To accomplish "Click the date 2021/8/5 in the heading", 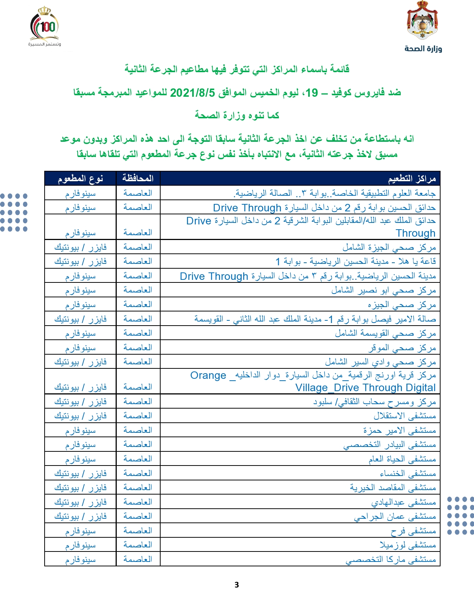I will point(192,92).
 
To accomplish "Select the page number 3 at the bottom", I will point(236,585).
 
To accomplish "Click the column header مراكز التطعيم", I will point(412,179).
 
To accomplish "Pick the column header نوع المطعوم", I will point(80,179).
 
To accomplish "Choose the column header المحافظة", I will point(138,179).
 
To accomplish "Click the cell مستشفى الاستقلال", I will point(404,416).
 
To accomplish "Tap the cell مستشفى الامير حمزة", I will point(399,430).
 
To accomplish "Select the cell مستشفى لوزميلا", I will point(407,545).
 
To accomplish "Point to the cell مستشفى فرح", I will point(413,531).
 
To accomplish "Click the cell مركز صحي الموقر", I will point(402,348).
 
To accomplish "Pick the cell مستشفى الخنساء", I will point(407,473).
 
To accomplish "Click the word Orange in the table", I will point(208,375).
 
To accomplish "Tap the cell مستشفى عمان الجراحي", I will point(395,516).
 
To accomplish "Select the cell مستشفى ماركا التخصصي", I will point(390,559).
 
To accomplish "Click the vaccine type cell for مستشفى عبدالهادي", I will point(80,502).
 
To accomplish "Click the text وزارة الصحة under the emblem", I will point(423,49).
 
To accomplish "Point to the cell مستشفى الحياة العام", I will point(402,459).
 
